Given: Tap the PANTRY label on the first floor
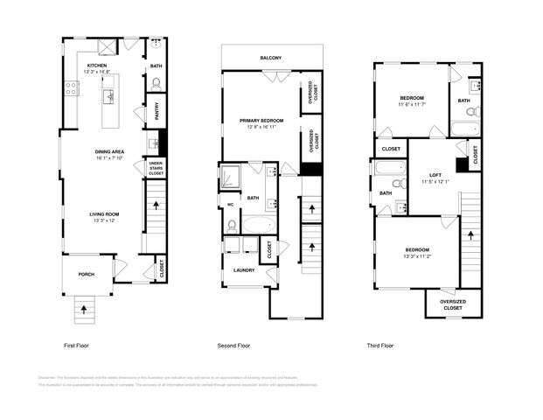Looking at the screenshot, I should (157, 111).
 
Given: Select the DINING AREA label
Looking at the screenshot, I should (109, 153).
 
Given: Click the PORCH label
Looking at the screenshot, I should (86, 274).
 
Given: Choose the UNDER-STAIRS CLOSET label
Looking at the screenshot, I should (156, 168).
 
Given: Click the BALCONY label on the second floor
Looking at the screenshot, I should (270, 59).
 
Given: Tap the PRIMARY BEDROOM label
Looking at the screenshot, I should (263, 120).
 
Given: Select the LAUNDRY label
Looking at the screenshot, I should (244, 270).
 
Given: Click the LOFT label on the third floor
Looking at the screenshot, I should (435, 176).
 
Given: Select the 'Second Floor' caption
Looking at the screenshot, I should (234, 346).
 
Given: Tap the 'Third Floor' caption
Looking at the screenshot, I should (379, 346).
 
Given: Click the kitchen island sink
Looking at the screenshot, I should (110, 96).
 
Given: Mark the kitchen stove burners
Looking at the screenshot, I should (71, 88).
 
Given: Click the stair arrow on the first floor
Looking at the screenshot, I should (157, 206).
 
